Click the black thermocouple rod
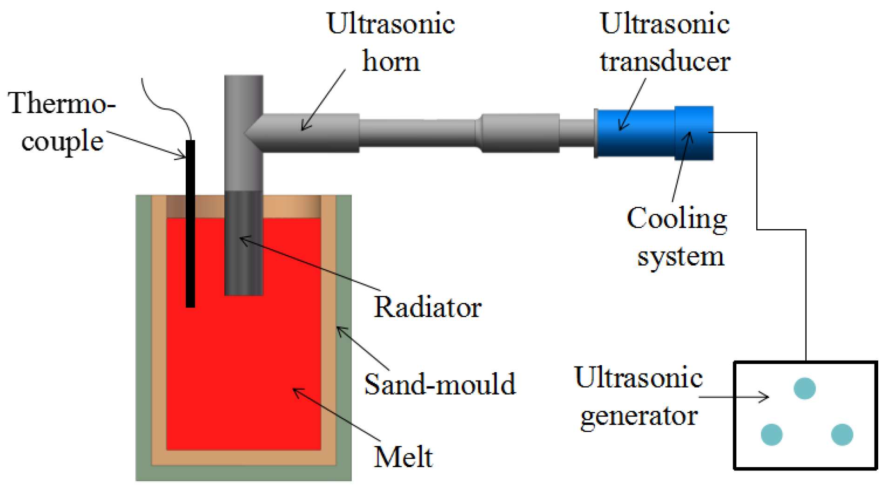point(190,224)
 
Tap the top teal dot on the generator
point(804,388)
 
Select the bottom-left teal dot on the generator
point(771,434)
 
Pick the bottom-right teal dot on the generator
point(841,434)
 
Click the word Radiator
point(427,307)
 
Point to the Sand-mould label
point(439,384)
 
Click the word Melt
point(403,457)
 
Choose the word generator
point(639,415)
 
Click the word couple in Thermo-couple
point(62,141)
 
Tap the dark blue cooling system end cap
point(693,133)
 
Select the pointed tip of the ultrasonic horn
point(247,133)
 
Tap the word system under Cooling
point(680,256)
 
